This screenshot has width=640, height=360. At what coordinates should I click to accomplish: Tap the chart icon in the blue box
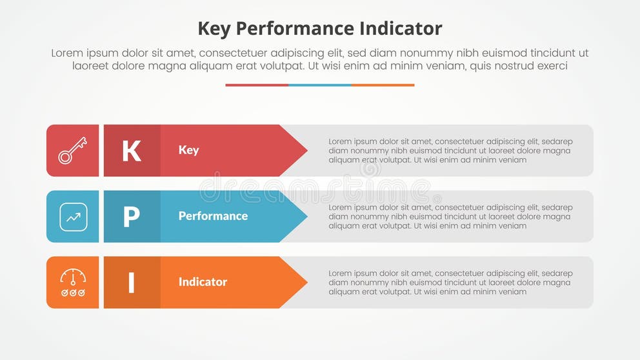[73, 217]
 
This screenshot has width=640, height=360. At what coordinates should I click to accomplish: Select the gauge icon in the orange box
[73, 283]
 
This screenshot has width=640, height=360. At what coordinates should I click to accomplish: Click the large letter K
[132, 151]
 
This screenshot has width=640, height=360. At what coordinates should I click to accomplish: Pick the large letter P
[132, 217]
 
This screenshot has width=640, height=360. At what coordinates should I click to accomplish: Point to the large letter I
[132, 283]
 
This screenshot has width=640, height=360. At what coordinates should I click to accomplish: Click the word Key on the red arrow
[188, 150]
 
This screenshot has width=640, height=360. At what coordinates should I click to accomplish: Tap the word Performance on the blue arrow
[213, 216]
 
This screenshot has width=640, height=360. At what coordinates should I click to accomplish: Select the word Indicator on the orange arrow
[203, 282]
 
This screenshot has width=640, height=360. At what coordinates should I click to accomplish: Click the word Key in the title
[214, 29]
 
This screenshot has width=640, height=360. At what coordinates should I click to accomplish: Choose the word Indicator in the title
[401, 28]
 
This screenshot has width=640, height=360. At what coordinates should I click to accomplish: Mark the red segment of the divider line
[257, 85]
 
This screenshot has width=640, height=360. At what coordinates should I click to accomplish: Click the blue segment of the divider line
[320, 85]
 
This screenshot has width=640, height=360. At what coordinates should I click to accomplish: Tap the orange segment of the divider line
[383, 85]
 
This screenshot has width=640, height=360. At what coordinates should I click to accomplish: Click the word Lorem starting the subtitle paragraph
[67, 54]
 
